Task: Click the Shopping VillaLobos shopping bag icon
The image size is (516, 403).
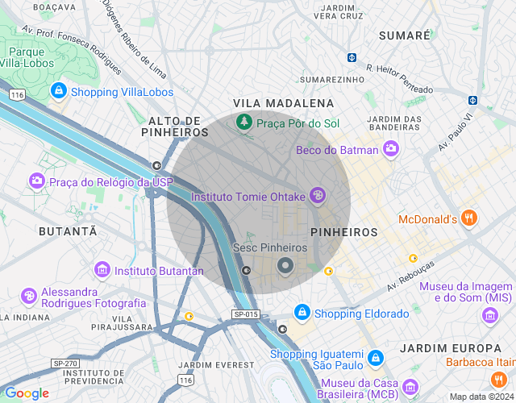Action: [58, 91]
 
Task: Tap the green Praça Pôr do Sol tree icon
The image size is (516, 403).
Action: [243, 123]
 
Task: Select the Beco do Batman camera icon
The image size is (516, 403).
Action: [391, 149]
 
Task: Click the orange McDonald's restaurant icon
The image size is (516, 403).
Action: [470, 218]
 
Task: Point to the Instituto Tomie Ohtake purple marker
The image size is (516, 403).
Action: [318, 195]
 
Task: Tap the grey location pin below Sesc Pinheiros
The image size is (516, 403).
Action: [285, 265]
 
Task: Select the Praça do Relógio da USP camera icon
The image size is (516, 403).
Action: [36, 181]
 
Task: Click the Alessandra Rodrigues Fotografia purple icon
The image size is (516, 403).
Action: [28, 297]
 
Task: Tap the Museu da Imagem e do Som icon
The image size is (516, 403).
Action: [490, 315]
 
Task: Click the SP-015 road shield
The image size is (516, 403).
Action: [245, 314]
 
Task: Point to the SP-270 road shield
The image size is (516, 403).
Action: [65, 364]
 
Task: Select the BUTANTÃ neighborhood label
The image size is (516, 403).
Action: [68, 231]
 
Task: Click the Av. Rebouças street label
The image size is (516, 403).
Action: [410, 276]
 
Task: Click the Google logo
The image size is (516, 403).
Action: [27, 393]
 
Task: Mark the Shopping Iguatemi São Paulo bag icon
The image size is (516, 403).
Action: [374, 356]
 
